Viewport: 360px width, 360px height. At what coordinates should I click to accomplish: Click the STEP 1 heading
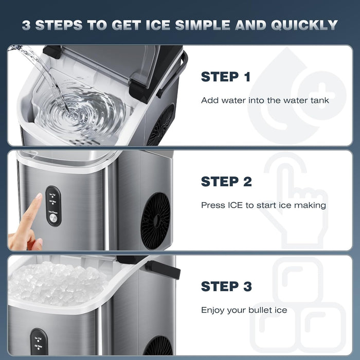225,77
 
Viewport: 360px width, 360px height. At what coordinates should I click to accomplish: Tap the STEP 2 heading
226,182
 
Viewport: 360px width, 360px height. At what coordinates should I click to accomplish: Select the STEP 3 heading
226,286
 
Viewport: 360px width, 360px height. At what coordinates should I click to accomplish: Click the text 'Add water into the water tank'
265,100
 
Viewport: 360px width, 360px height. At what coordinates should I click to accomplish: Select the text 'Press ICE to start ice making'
263,205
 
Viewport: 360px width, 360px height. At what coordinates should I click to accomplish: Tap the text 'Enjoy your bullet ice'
244,310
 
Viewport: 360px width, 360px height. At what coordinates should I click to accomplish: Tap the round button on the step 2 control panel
52,218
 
